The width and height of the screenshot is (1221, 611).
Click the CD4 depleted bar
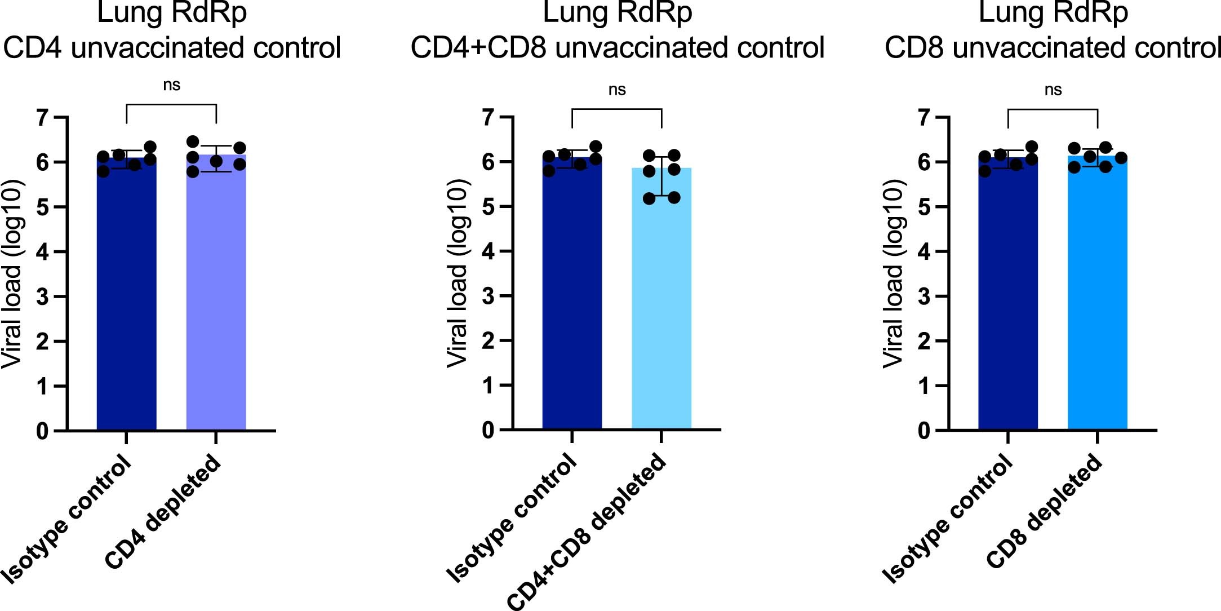pyautogui.click(x=216, y=293)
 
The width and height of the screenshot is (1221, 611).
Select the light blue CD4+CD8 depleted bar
pyautogui.click(x=661, y=299)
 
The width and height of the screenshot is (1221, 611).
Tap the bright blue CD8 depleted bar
pyautogui.click(x=1097, y=293)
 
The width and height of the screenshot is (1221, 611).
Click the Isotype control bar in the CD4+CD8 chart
pyautogui.click(x=572, y=293)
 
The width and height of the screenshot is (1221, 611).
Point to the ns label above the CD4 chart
pyautogui.click(x=171, y=85)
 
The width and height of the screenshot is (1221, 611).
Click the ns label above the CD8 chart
pyautogui.click(x=1053, y=90)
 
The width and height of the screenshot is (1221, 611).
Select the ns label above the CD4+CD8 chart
pyautogui.click(x=617, y=90)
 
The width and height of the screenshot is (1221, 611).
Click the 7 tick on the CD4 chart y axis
pyautogui.click(x=43, y=118)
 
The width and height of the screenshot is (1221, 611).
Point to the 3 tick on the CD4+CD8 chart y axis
pyautogui.click(x=489, y=296)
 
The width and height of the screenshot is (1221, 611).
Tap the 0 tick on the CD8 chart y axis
pyautogui.click(x=924, y=431)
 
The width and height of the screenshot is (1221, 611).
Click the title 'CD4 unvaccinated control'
pyautogui.click(x=172, y=47)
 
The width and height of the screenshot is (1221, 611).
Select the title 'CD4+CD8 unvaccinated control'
pyautogui.click(x=618, y=47)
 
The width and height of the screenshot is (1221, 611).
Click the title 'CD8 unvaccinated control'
pyautogui.click(x=1053, y=47)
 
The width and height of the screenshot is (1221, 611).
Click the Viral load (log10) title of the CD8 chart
pyautogui.click(x=894, y=273)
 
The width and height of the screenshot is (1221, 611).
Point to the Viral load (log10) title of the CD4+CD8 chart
pyautogui.click(x=458, y=273)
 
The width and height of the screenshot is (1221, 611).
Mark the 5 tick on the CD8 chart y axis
pyautogui.click(x=924, y=207)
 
